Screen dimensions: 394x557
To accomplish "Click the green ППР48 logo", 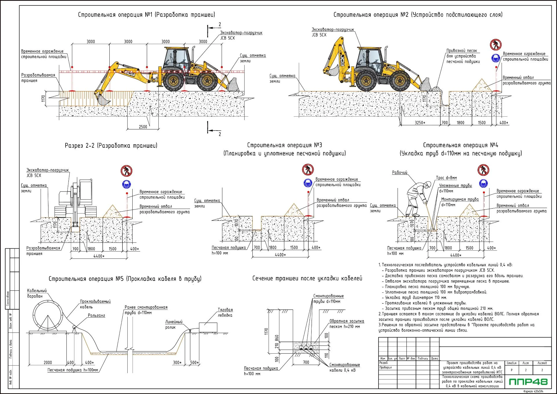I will (528, 382).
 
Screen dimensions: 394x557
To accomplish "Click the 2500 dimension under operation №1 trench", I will (143, 127).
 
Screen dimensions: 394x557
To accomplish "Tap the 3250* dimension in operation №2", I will (420, 123).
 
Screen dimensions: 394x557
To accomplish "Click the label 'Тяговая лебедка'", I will (225, 312).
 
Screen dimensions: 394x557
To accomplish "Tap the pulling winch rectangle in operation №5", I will (208, 328).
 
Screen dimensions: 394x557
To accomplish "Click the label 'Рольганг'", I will (96, 315).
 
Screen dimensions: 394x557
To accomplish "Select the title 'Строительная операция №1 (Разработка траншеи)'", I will (147, 15).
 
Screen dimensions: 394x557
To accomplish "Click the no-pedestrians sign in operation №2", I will (496, 45).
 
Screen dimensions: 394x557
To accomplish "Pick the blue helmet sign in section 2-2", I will (126, 184).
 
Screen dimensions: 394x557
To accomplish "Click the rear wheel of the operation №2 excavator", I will (368, 81).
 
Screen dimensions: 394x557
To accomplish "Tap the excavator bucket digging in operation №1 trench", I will (103, 100).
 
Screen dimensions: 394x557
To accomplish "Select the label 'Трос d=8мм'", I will (446, 178).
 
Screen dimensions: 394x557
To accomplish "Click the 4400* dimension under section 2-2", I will (99, 256).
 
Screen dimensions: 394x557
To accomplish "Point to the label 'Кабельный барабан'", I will (37, 293).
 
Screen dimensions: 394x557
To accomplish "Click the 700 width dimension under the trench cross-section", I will (306, 362).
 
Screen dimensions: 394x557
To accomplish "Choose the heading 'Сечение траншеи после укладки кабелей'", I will (307, 279).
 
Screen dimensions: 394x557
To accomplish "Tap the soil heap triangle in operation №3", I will (294, 210).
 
